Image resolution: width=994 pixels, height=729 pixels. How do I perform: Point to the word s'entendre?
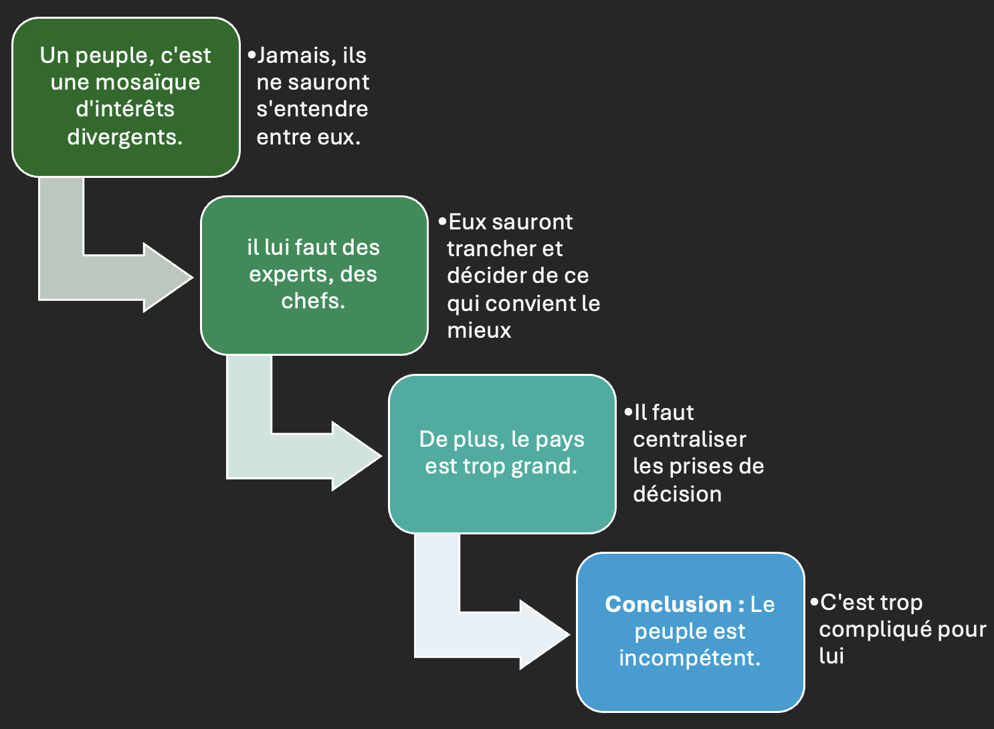tap(312, 109)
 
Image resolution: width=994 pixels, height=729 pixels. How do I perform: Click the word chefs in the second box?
tap(312, 301)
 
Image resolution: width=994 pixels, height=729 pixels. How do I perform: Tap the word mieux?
tap(479, 330)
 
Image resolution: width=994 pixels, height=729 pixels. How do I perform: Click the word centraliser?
tap(690, 439)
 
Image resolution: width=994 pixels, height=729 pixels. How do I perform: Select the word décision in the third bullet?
tap(677, 494)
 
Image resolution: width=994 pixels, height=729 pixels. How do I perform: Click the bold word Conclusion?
tap(668, 605)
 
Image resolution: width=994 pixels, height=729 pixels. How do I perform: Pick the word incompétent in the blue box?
tap(689, 658)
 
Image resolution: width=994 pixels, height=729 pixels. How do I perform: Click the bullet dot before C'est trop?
tap(814, 602)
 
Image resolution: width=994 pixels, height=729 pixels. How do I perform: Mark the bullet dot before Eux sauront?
tap(442, 221)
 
